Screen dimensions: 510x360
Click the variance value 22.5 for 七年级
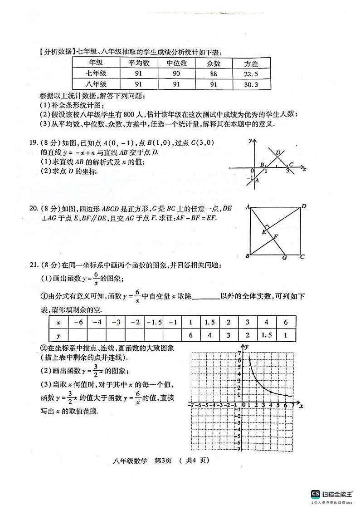pos(251,74)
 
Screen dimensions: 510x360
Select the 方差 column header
pos(251,64)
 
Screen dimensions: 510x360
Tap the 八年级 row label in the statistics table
pos(96,84)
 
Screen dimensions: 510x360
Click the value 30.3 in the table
pos(251,84)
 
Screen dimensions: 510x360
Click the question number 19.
pos(33,142)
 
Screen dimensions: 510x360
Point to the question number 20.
pos(33,208)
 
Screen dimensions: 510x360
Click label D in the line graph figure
pos(277,152)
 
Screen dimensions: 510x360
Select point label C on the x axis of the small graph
pos(291,165)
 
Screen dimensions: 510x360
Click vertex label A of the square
pos(248,207)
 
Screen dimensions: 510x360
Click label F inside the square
pos(276,236)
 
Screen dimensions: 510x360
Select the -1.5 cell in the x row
pos(154,322)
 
